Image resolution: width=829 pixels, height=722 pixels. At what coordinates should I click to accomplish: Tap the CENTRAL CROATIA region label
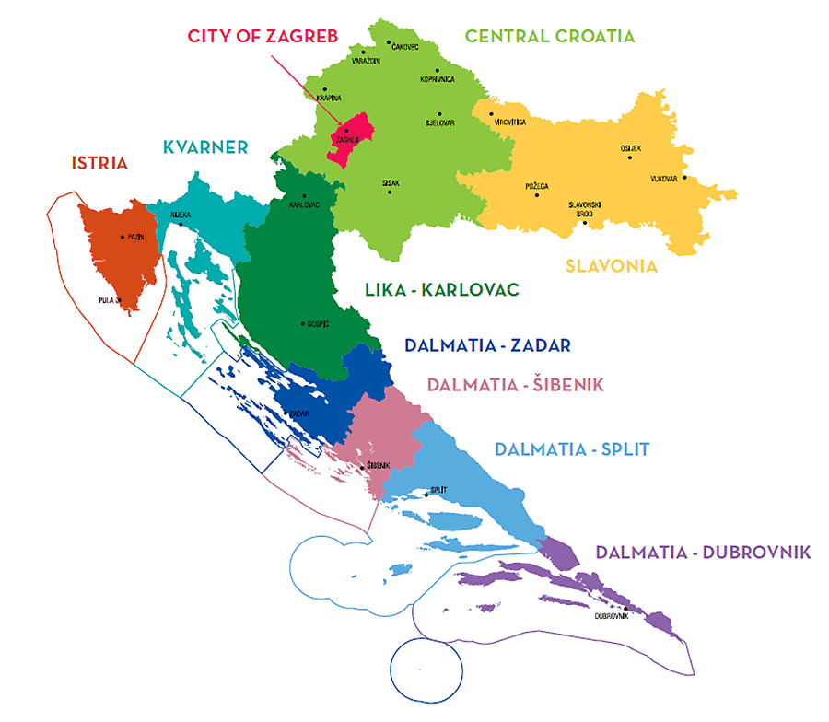point(550,36)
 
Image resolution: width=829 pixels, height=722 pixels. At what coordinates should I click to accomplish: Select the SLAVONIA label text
point(611,266)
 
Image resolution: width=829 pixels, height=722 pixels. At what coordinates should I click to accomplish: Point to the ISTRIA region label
point(99,163)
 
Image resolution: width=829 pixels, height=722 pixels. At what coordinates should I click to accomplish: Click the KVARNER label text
point(205,146)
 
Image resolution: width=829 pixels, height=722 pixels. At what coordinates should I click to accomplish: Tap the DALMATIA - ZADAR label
point(487,345)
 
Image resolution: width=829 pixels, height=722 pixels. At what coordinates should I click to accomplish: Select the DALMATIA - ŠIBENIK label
point(515,385)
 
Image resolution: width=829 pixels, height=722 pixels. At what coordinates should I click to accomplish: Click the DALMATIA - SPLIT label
point(572,449)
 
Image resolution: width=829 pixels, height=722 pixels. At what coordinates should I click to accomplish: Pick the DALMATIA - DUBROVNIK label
point(703,553)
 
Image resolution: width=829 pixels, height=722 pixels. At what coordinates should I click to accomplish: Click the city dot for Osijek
point(630,157)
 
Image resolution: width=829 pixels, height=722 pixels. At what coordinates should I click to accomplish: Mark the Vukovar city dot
point(684,178)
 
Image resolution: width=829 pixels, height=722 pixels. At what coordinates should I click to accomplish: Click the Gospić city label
point(318,324)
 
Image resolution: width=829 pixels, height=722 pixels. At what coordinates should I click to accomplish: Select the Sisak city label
point(391,183)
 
